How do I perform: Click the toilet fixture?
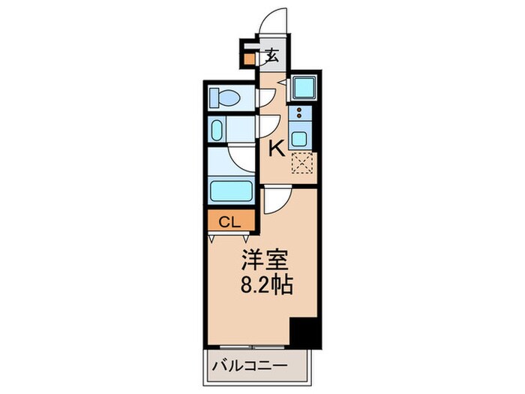[x=226, y=97]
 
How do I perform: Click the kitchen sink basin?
[x=299, y=139]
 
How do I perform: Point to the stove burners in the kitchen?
[x=299, y=114]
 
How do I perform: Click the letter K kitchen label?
[x=277, y=149]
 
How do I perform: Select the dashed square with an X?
[x=301, y=164]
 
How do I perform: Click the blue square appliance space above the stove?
[x=303, y=89]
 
